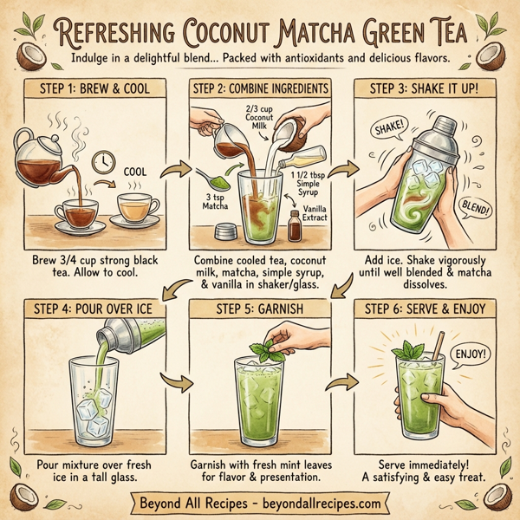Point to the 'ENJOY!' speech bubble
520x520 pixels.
click(467, 354)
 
